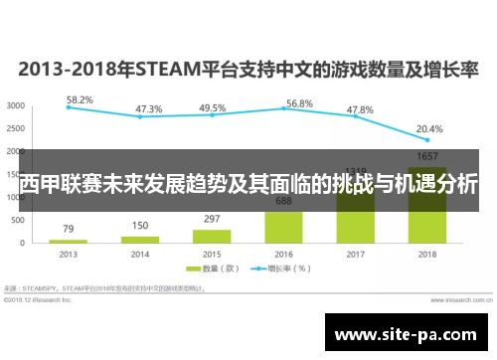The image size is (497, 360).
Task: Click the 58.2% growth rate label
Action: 81,100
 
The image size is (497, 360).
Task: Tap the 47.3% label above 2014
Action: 149,108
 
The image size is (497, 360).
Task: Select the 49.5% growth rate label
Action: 212,107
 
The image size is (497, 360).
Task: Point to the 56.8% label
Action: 299,103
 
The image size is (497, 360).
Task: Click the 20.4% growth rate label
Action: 430,128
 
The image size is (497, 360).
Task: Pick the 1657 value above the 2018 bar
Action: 427,156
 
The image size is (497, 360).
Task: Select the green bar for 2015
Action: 212,237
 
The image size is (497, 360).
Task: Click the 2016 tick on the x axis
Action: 283,254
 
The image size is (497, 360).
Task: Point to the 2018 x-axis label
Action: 428,254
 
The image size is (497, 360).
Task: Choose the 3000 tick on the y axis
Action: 16,105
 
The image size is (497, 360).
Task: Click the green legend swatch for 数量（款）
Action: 180,268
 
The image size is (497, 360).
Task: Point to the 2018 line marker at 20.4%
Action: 427,139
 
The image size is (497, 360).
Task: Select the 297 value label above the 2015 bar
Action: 212,219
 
